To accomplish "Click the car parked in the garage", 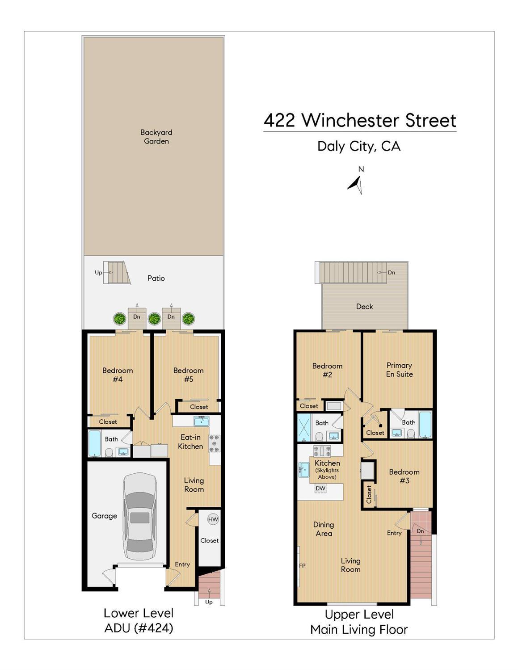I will coord(140,516).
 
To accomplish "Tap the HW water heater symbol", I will coord(213,519).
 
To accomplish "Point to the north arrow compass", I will coord(356,184).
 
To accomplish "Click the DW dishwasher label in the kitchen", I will coord(320,489).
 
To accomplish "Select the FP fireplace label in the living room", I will coord(303,566).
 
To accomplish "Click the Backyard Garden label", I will coord(156,137).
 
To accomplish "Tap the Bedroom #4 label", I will coord(117,375).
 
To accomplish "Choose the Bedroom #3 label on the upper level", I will coord(404,476).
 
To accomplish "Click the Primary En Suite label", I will coord(399,370).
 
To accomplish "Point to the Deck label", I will coord(364,307).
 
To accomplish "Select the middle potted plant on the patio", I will coord(154,319).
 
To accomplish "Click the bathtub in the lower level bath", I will coord(94,443).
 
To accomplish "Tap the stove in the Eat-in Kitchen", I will coord(214,443).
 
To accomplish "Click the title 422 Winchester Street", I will coord(360,121).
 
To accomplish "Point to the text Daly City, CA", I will coord(358,146).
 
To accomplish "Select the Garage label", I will coord(104,516).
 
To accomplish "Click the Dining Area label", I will coord(323,529).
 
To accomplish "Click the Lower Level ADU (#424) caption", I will coord(139,620).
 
